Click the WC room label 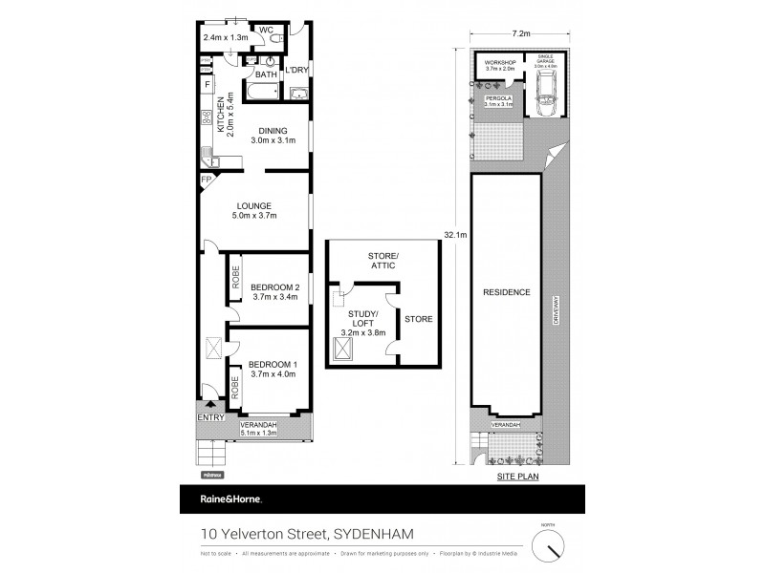coord(267,30)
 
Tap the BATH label coord(266,74)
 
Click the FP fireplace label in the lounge coord(206,179)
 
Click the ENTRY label coord(209,417)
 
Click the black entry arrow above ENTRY coord(209,405)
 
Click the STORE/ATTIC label coord(382,260)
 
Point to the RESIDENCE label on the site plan coord(506,291)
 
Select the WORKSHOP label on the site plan coord(499,64)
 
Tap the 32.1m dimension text coord(455,230)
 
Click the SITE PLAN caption coord(518,474)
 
